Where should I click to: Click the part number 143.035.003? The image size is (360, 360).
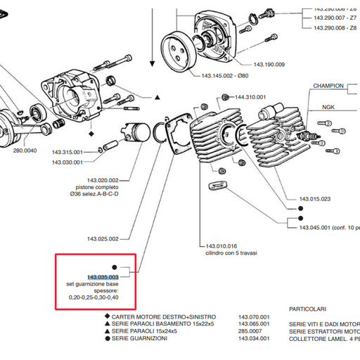(x=103, y=277)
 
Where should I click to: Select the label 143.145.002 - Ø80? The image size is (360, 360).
(x=224, y=75)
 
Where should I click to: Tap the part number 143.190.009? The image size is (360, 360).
(x=270, y=65)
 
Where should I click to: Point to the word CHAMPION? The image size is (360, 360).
(x=328, y=85)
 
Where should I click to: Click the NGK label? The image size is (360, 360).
(x=328, y=108)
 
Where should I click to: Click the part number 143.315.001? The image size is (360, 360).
(x=67, y=153)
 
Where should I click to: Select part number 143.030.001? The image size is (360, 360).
(x=67, y=162)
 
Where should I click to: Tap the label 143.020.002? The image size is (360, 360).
(x=103, y=179)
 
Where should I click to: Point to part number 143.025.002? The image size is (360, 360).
(x=103, y=238)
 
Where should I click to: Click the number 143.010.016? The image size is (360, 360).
(x=221, y=246)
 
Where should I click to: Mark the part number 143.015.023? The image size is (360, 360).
(x=315, y=199)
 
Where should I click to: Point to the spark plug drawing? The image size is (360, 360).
(x=309, y=132)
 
